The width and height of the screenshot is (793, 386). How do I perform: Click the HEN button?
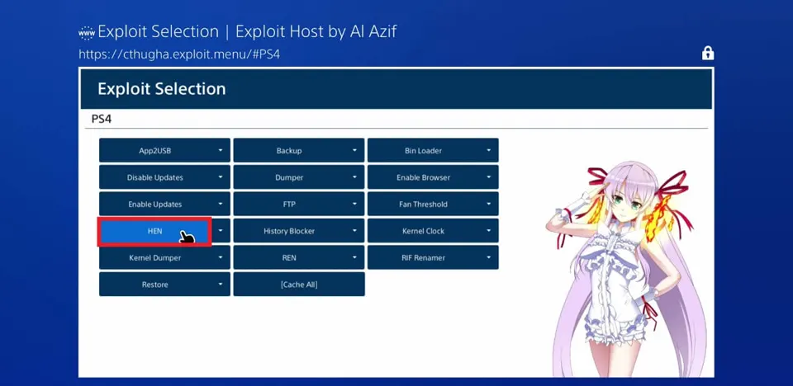(154, 231)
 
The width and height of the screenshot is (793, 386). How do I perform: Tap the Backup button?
(299, 151)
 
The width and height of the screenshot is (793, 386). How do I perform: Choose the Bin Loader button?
(433, 151)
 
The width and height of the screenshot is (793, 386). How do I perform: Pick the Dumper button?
(299, 177)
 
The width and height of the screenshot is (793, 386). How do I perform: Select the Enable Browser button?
(433, 177)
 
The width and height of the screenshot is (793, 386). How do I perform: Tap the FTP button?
(299, 204)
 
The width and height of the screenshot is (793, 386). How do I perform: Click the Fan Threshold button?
(433, 204)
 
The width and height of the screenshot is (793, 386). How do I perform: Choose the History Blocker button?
(299, 231)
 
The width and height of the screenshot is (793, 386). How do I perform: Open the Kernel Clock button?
(433, 231)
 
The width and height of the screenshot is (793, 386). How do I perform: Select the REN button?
(299, 257)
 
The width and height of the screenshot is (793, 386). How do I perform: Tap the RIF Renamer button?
(433, 257)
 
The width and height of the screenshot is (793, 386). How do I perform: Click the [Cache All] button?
(299, 285)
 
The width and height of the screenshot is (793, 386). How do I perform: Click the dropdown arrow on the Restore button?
(221, 285)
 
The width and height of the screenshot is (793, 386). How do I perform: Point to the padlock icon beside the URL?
(708, 53)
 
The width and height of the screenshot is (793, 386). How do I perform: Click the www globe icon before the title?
(87, 33)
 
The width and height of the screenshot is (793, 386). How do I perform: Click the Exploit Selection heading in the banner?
(162, 89)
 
